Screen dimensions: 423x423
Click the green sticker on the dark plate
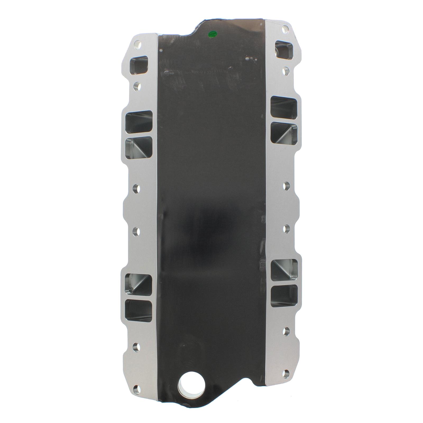click(x=212, y=34)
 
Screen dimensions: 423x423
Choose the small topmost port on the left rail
click(x=139, y=65)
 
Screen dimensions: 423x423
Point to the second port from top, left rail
click(x=139, y=122)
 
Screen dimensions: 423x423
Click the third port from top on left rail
click(x=139, y=147)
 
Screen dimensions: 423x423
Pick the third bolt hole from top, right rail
click(x=286, y=186)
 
